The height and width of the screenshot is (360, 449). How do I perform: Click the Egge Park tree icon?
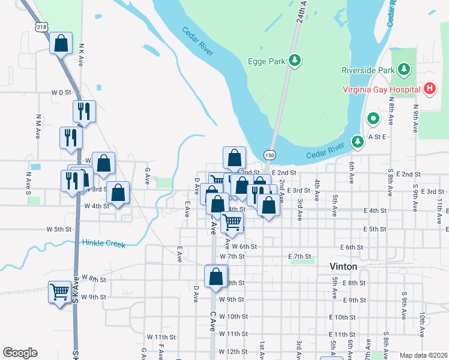(295, 61)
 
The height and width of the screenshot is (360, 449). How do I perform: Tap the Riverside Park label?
(368, 70)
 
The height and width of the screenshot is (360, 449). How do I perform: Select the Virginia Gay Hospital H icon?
(429, 89)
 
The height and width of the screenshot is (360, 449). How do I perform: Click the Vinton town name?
(343, 266)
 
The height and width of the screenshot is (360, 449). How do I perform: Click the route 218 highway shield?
(41, 27)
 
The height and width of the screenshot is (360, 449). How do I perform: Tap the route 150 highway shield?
(270, 155)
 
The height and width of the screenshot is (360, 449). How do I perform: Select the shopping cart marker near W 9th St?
(60, 292)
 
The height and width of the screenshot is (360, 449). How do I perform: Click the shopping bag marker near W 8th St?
(216, 277)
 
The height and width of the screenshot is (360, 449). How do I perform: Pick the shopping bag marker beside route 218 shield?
(61, 44)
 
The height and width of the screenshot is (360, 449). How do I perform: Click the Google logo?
(20, 353)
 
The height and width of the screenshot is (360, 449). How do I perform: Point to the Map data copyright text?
(424, 355)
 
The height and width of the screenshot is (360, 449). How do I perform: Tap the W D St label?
(61, 93)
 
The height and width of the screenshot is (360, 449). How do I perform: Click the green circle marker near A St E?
(373, 119)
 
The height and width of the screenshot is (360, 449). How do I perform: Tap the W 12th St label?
(234, 351)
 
